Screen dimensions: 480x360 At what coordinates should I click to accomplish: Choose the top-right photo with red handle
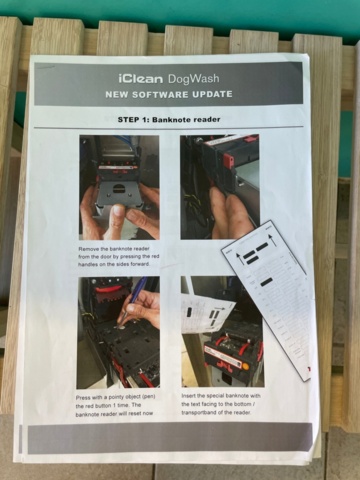[219, 186]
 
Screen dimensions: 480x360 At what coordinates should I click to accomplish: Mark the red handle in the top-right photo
[229, 160]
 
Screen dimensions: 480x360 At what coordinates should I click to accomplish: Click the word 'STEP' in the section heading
[124, 118]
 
